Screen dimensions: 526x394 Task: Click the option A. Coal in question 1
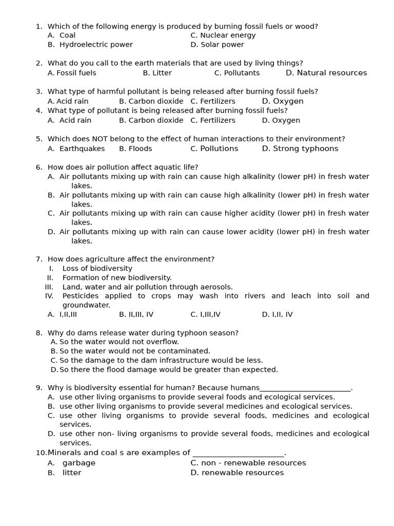tap(62, 35)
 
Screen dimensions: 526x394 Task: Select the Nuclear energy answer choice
tap(223, 35)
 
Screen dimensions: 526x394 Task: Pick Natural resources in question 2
tap(326, 73)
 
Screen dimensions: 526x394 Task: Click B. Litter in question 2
tap(157, 73)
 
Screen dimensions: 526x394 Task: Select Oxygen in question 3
tap(283, 101)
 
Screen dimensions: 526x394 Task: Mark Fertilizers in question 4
tap(213, 120)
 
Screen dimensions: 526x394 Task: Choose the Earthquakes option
tap(76, 148)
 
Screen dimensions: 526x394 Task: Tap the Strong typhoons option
tap(300, 148)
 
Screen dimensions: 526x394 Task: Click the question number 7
tap(39, 259)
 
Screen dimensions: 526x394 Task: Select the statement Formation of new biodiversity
tap(117, 277)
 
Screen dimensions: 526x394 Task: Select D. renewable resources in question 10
tap(237, 473)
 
